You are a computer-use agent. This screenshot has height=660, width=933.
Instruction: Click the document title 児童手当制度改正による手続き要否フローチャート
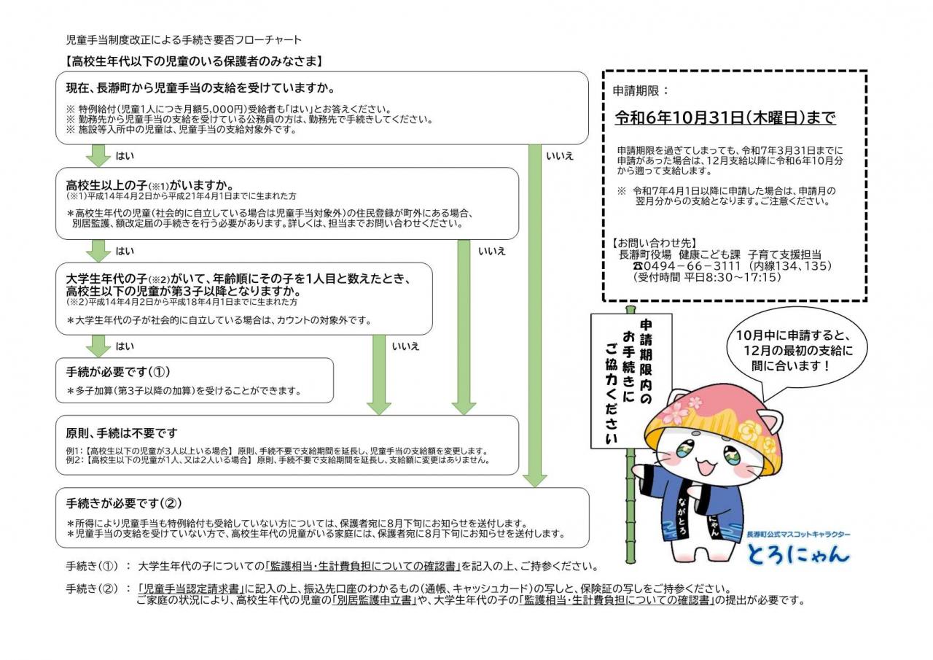click(184, 40)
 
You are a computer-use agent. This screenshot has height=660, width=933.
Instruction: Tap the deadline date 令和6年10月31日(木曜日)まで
click(725, 118)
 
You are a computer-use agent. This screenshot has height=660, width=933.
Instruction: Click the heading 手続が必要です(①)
click(118, 372)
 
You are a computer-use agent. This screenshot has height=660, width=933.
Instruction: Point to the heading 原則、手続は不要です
click(122, 433)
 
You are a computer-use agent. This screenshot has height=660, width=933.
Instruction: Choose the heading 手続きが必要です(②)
click(124, 504)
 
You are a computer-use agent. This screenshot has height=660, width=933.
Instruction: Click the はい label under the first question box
click(125, 156)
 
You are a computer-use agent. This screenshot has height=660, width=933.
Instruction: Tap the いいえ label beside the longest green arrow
click(559, 156)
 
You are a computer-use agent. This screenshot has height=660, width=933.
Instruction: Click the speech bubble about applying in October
click(797, 349)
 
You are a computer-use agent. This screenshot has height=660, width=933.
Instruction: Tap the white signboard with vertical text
click(631, 381)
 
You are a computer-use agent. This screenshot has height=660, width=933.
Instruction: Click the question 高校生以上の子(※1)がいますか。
click(151, 185)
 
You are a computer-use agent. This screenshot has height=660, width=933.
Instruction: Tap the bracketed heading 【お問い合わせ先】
click(655, 243)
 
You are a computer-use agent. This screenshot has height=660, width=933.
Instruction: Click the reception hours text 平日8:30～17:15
click(732, 278)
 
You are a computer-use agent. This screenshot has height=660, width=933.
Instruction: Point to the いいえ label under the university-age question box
click(405, 346)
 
